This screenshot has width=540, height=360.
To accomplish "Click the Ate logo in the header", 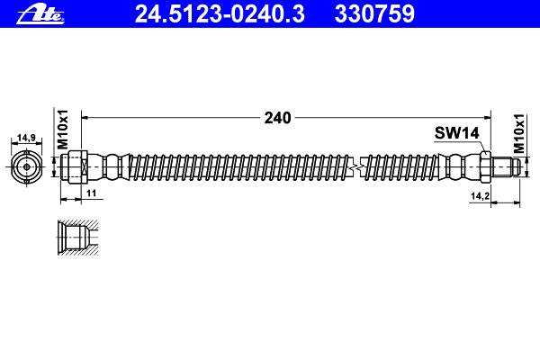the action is (x=40, y=14).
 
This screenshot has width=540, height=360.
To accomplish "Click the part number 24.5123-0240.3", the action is (x=220, y=14).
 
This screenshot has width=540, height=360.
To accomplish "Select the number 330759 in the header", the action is (x=374, y=14).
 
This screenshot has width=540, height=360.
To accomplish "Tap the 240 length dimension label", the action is (x=277, y=118).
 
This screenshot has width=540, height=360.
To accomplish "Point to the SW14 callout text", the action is (x=456, y=132).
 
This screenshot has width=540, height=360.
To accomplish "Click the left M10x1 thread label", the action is (x=63, y=130).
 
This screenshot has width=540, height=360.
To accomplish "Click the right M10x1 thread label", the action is (x=518, y=134).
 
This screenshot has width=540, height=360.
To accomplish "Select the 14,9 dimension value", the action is (x=26, y=138).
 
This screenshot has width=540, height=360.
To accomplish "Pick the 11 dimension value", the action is (x=91, y=193).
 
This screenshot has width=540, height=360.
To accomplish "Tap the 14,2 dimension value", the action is (x=480, y=195).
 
